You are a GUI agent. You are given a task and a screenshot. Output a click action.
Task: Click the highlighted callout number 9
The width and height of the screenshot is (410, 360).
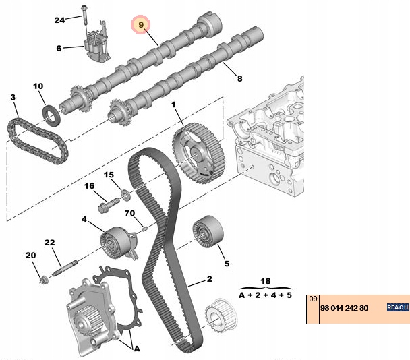pyautogui.click(x=141, y=25)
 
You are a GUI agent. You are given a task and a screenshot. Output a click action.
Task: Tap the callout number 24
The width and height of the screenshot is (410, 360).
pyautogui.click(x=59, y=20)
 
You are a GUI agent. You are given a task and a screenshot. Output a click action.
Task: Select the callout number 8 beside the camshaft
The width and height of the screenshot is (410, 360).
pyautogui.click(x=238, y=79)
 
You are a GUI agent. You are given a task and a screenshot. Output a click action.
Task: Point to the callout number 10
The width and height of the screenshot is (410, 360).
pyautogui.click(x=38, y=86)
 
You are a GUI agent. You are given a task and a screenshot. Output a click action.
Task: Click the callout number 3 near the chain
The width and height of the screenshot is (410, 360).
pyautogui.click(x=13, y=98)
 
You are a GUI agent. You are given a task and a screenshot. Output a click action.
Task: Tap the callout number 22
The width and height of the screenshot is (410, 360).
pyautogui.click(x=49, y=242)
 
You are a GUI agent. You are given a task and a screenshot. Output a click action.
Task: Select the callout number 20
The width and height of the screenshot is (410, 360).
pyautogui.click(x=30, y=255)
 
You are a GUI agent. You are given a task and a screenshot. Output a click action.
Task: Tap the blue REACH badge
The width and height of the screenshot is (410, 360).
pyautogui.click(x=397, y=307)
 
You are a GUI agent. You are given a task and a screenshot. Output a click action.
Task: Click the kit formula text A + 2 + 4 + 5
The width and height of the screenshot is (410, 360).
pyautogui.click(x=265, y=295)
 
